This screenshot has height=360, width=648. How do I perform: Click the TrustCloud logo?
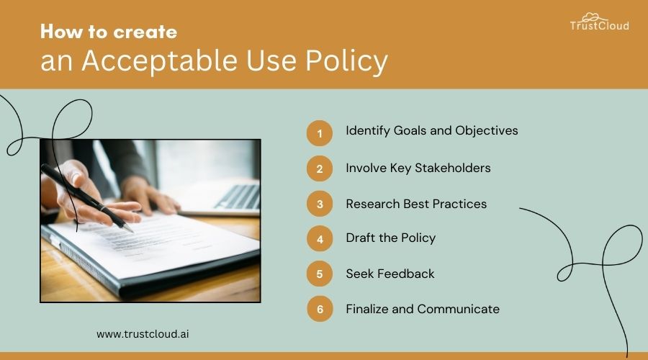tap(599, 22)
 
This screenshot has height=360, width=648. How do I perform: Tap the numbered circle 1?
tap(320, 133)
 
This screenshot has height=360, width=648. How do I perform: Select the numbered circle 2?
tap(320, 168)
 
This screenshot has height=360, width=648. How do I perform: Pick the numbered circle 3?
tap(320, 204)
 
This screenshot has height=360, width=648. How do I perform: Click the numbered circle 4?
tap(320, 239)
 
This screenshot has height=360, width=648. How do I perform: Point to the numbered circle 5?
tap(320, 274)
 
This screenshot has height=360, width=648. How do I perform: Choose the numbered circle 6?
tap(320, 309)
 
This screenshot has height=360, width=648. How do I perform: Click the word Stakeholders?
tap(453, 168)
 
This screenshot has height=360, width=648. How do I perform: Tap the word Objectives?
tap(487, 130)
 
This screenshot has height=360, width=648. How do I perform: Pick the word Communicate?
tap(459, 309)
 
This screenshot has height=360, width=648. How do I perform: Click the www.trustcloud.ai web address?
tap(143, 334)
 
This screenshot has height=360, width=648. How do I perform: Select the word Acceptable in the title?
tap(160, 61)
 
